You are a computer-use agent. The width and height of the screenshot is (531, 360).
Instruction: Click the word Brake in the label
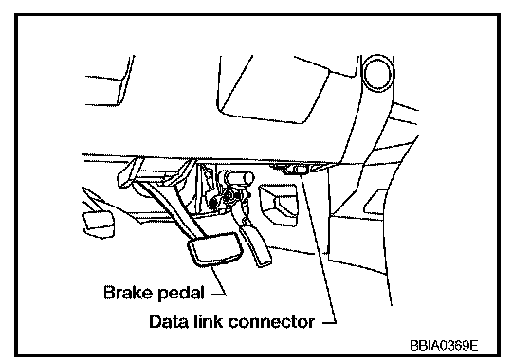[x=129, y=293]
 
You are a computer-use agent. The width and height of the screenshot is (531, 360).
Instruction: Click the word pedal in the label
[x=181, y=293]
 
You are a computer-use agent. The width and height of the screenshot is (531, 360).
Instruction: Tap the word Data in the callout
[x=169, y=321]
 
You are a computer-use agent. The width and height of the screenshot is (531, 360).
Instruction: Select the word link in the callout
[x=209, y=321]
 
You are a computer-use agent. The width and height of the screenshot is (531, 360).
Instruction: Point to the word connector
[x=271, y=322]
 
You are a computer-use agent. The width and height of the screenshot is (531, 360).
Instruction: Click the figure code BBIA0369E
[x=445, y=346]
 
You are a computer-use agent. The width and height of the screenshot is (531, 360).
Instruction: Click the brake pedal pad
[x=215, y=248]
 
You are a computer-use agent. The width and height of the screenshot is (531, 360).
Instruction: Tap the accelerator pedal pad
[x=256, y=246]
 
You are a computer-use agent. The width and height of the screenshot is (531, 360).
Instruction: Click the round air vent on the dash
[x=377, y=73]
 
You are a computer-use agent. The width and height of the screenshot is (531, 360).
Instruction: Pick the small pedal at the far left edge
[x=99, y=224]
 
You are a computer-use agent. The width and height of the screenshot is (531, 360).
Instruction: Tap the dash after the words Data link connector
[x=328, y=322]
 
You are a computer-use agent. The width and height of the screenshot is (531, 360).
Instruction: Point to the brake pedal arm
[x=172, y=208]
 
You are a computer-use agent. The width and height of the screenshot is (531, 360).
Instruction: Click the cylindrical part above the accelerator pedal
[x=237, y=178]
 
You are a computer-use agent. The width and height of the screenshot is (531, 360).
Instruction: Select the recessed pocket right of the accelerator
[x=279, y=204]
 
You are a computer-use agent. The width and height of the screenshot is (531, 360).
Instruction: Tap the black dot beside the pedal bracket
[x=213, y=203]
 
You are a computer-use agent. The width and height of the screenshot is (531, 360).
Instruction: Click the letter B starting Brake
[x=108, y=293]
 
